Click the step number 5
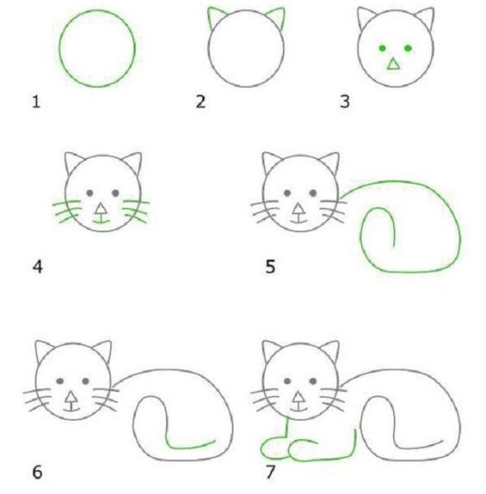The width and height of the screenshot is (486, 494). coord(269,267)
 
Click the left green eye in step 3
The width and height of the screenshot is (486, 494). coord(382,49)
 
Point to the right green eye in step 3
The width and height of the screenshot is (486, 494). coord(409,49)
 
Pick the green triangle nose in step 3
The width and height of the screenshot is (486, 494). coord(395,64)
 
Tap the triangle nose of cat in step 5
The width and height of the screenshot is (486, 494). coord(298,207)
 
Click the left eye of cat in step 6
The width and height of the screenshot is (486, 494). coord(60,381)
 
